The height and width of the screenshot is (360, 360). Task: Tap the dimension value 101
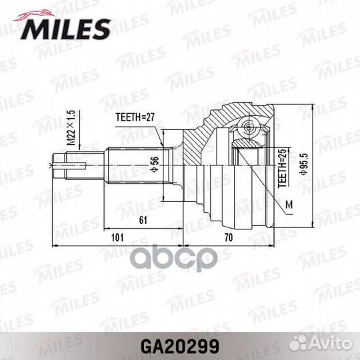tap(117, 236)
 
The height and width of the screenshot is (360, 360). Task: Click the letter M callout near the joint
tap(288, 204)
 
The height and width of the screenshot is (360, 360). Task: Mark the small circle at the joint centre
tap(249, 126)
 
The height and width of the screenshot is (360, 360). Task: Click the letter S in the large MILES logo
tap(100, 28)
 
